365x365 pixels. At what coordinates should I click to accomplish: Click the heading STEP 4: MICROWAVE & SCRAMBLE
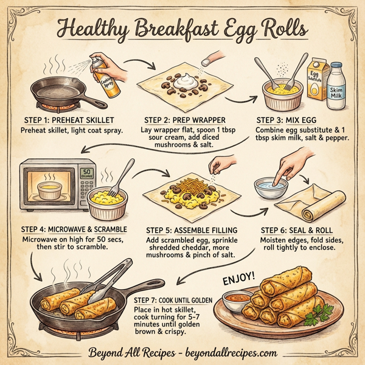[74, 229]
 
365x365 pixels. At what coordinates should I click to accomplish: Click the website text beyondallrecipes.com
[231, 352]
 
